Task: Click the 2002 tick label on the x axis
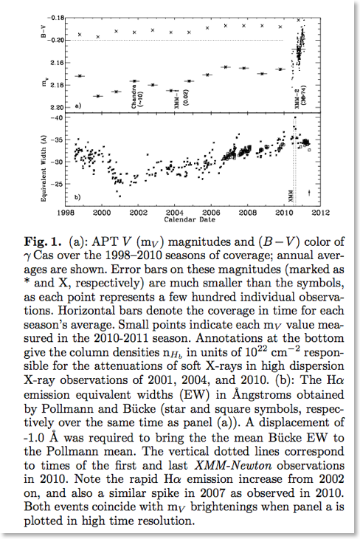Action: (138, 213)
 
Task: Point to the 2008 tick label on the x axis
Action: (248, 213)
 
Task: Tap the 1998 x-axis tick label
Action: (65, 213)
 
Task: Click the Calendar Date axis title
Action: (190, 219)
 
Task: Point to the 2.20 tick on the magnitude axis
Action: (57, 108)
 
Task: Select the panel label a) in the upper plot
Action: (77, 106)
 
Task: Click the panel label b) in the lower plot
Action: (77, 197)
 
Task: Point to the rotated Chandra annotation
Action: (134, 96)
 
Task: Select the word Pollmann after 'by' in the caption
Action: (66, 409)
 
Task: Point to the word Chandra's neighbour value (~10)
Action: (141, 100)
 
